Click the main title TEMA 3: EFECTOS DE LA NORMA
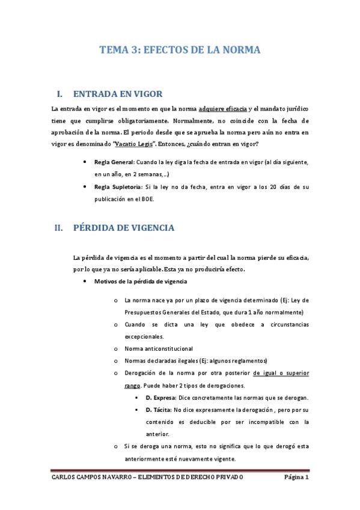click(180, 51)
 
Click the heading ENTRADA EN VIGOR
click(118, 94)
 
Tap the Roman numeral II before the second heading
click(58, 228)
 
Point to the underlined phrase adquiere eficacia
click(222, 108)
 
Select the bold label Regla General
click(114, 162)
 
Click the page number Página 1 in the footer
click(296, 478)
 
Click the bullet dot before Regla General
click(88, 162)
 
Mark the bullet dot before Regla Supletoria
click(88, 186)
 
